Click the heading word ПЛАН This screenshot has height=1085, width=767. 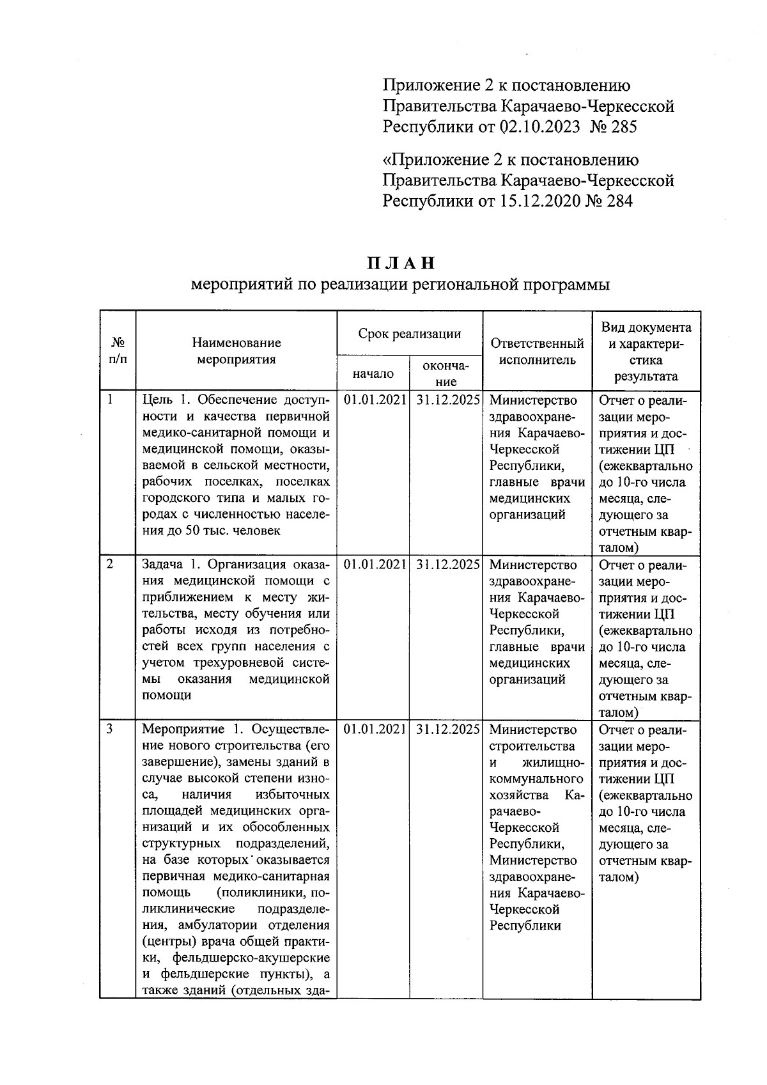[401, 263]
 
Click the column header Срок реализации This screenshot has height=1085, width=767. [409, 333]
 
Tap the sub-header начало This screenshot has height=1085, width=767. [373, 373]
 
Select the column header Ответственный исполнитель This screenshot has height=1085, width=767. [537, 351]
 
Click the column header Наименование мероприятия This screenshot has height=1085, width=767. [236, 351]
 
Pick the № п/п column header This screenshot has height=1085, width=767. [118, 351]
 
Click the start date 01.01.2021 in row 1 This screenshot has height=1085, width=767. [375, 400]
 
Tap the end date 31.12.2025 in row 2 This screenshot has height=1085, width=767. [447, 565]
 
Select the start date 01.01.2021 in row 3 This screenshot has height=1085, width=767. [375, 730]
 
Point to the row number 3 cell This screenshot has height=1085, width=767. [111, 729]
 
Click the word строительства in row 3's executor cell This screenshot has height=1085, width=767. [532, 746]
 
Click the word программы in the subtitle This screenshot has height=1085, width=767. [568, 285]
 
